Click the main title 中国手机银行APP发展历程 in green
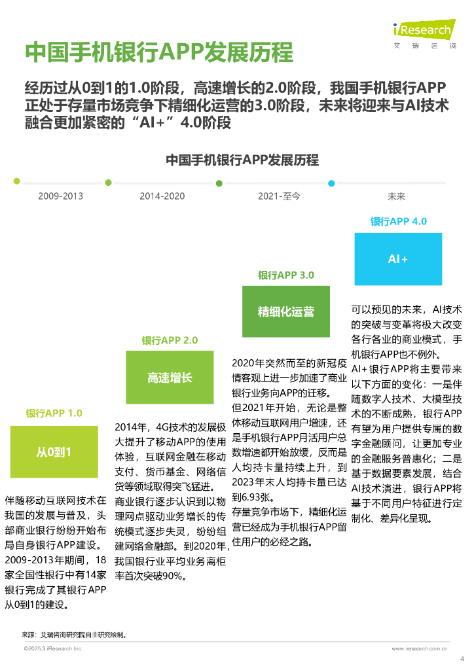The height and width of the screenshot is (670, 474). pos(158,52)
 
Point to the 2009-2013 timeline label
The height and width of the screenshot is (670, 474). pos(60,196)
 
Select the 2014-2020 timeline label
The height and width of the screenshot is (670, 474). pos(162,196)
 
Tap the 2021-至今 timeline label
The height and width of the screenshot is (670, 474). pos(279,196)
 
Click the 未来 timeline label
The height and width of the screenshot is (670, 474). pos(396,196)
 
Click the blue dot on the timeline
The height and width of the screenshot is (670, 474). pos(331,183)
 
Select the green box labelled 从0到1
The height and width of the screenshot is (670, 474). pos(54,451)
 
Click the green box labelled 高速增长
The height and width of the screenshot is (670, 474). pos(170,378)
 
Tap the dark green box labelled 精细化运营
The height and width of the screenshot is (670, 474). pos(285,311)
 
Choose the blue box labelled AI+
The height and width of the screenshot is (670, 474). pos(398,259)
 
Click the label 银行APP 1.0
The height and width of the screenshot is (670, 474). pos(54,414)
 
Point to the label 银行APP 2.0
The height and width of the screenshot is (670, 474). pos(170,340)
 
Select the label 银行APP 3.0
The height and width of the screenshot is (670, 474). pos(285,275)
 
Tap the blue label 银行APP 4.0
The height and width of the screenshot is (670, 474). pos(398,221)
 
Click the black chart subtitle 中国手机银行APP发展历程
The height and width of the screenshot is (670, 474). pos(242,160)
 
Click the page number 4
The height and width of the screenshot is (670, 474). pos(463,659)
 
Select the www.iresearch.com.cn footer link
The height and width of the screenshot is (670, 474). pos(419,648)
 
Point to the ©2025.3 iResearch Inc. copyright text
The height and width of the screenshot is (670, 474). pos(54,648)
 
